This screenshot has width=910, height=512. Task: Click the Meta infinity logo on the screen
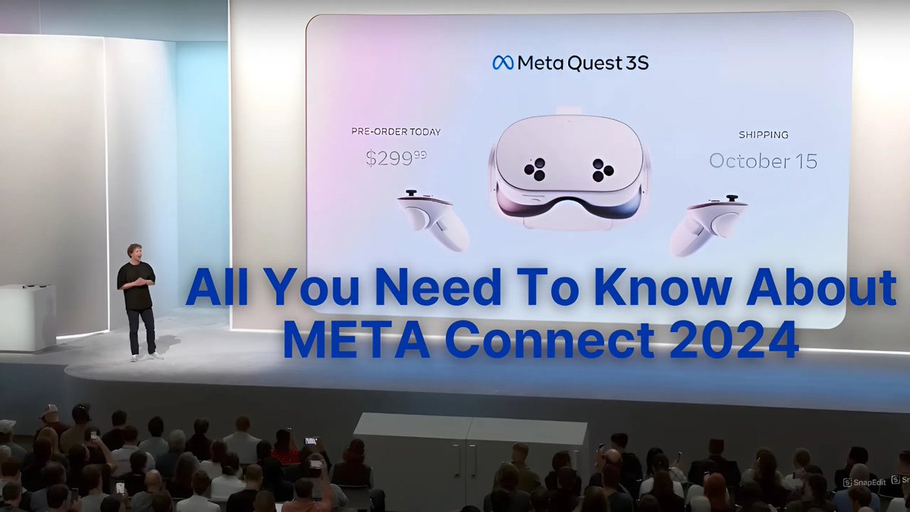point(503,63)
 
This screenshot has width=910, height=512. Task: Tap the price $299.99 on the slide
point(397,159)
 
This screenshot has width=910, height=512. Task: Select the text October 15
point(763,161)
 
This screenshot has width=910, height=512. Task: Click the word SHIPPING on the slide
point(763,135)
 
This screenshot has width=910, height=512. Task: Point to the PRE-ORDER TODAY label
point(396,132)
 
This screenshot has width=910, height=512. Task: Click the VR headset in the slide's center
point(570,173)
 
